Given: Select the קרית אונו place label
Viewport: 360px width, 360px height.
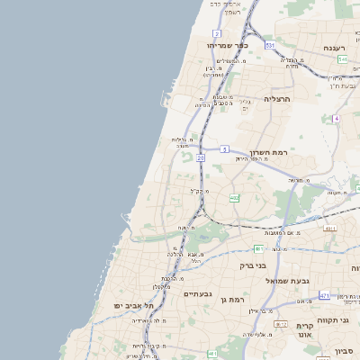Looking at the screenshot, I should click(304, 330).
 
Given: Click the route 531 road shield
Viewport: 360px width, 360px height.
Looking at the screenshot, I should click(270, 44).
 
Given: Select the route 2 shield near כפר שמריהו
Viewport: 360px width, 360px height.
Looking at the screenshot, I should click(217, 32).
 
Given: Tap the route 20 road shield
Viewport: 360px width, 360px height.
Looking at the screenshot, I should click(201, 157).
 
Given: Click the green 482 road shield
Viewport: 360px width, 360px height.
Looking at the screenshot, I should click(234, 197).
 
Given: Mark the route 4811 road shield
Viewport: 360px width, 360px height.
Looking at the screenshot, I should click(330, 229).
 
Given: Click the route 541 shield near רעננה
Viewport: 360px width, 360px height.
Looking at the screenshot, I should click(343, 59).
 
